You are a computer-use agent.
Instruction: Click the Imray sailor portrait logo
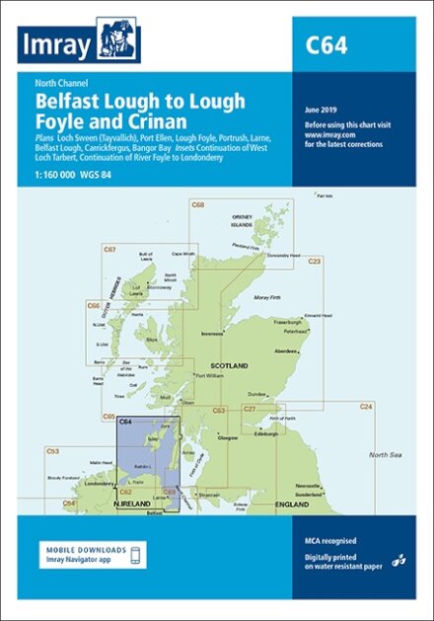[119, 42]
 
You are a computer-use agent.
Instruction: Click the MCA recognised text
[328, 541]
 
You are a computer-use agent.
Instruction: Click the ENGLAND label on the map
[307, 504]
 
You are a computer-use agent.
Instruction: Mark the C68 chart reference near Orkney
[197, 205]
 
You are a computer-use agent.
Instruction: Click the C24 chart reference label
[365, 407]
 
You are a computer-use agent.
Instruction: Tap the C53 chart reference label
[53, 451]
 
